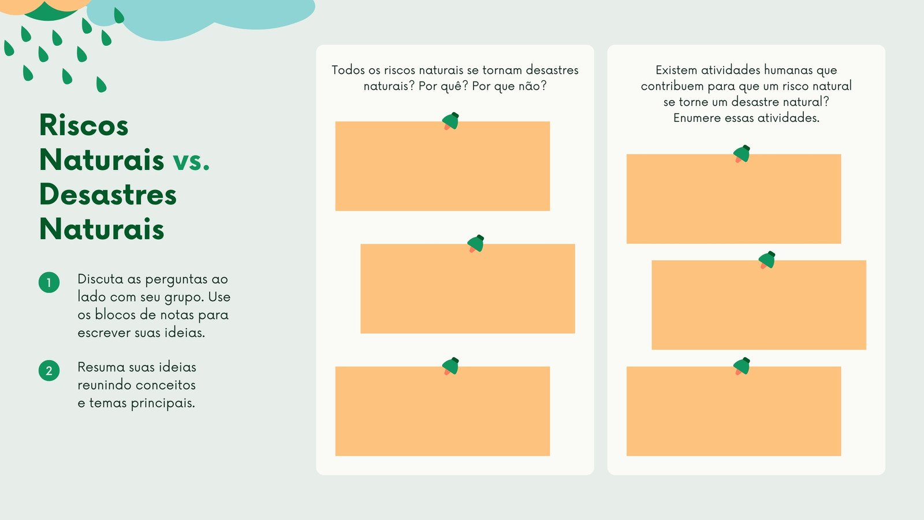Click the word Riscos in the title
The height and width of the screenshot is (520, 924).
(x=84, y=125)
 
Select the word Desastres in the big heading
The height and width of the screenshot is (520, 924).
(x=108, y=194)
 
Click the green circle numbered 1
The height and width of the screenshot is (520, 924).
(x=49, y=283)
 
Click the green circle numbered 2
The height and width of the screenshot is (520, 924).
(x=49, y=370)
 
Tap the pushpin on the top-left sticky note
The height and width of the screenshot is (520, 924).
(x=450, y=121)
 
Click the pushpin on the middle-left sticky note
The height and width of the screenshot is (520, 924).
(x=476, y=243)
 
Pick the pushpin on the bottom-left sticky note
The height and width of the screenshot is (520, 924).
(x=450, y=366)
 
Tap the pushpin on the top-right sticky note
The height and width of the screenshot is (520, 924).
(x=742, y=154)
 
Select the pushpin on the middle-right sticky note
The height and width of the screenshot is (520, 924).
(x=767, y=260)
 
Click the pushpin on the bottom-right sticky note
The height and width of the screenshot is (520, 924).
(x=742, y=366)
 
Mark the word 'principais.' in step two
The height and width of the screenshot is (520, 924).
(x=163, y=404)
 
